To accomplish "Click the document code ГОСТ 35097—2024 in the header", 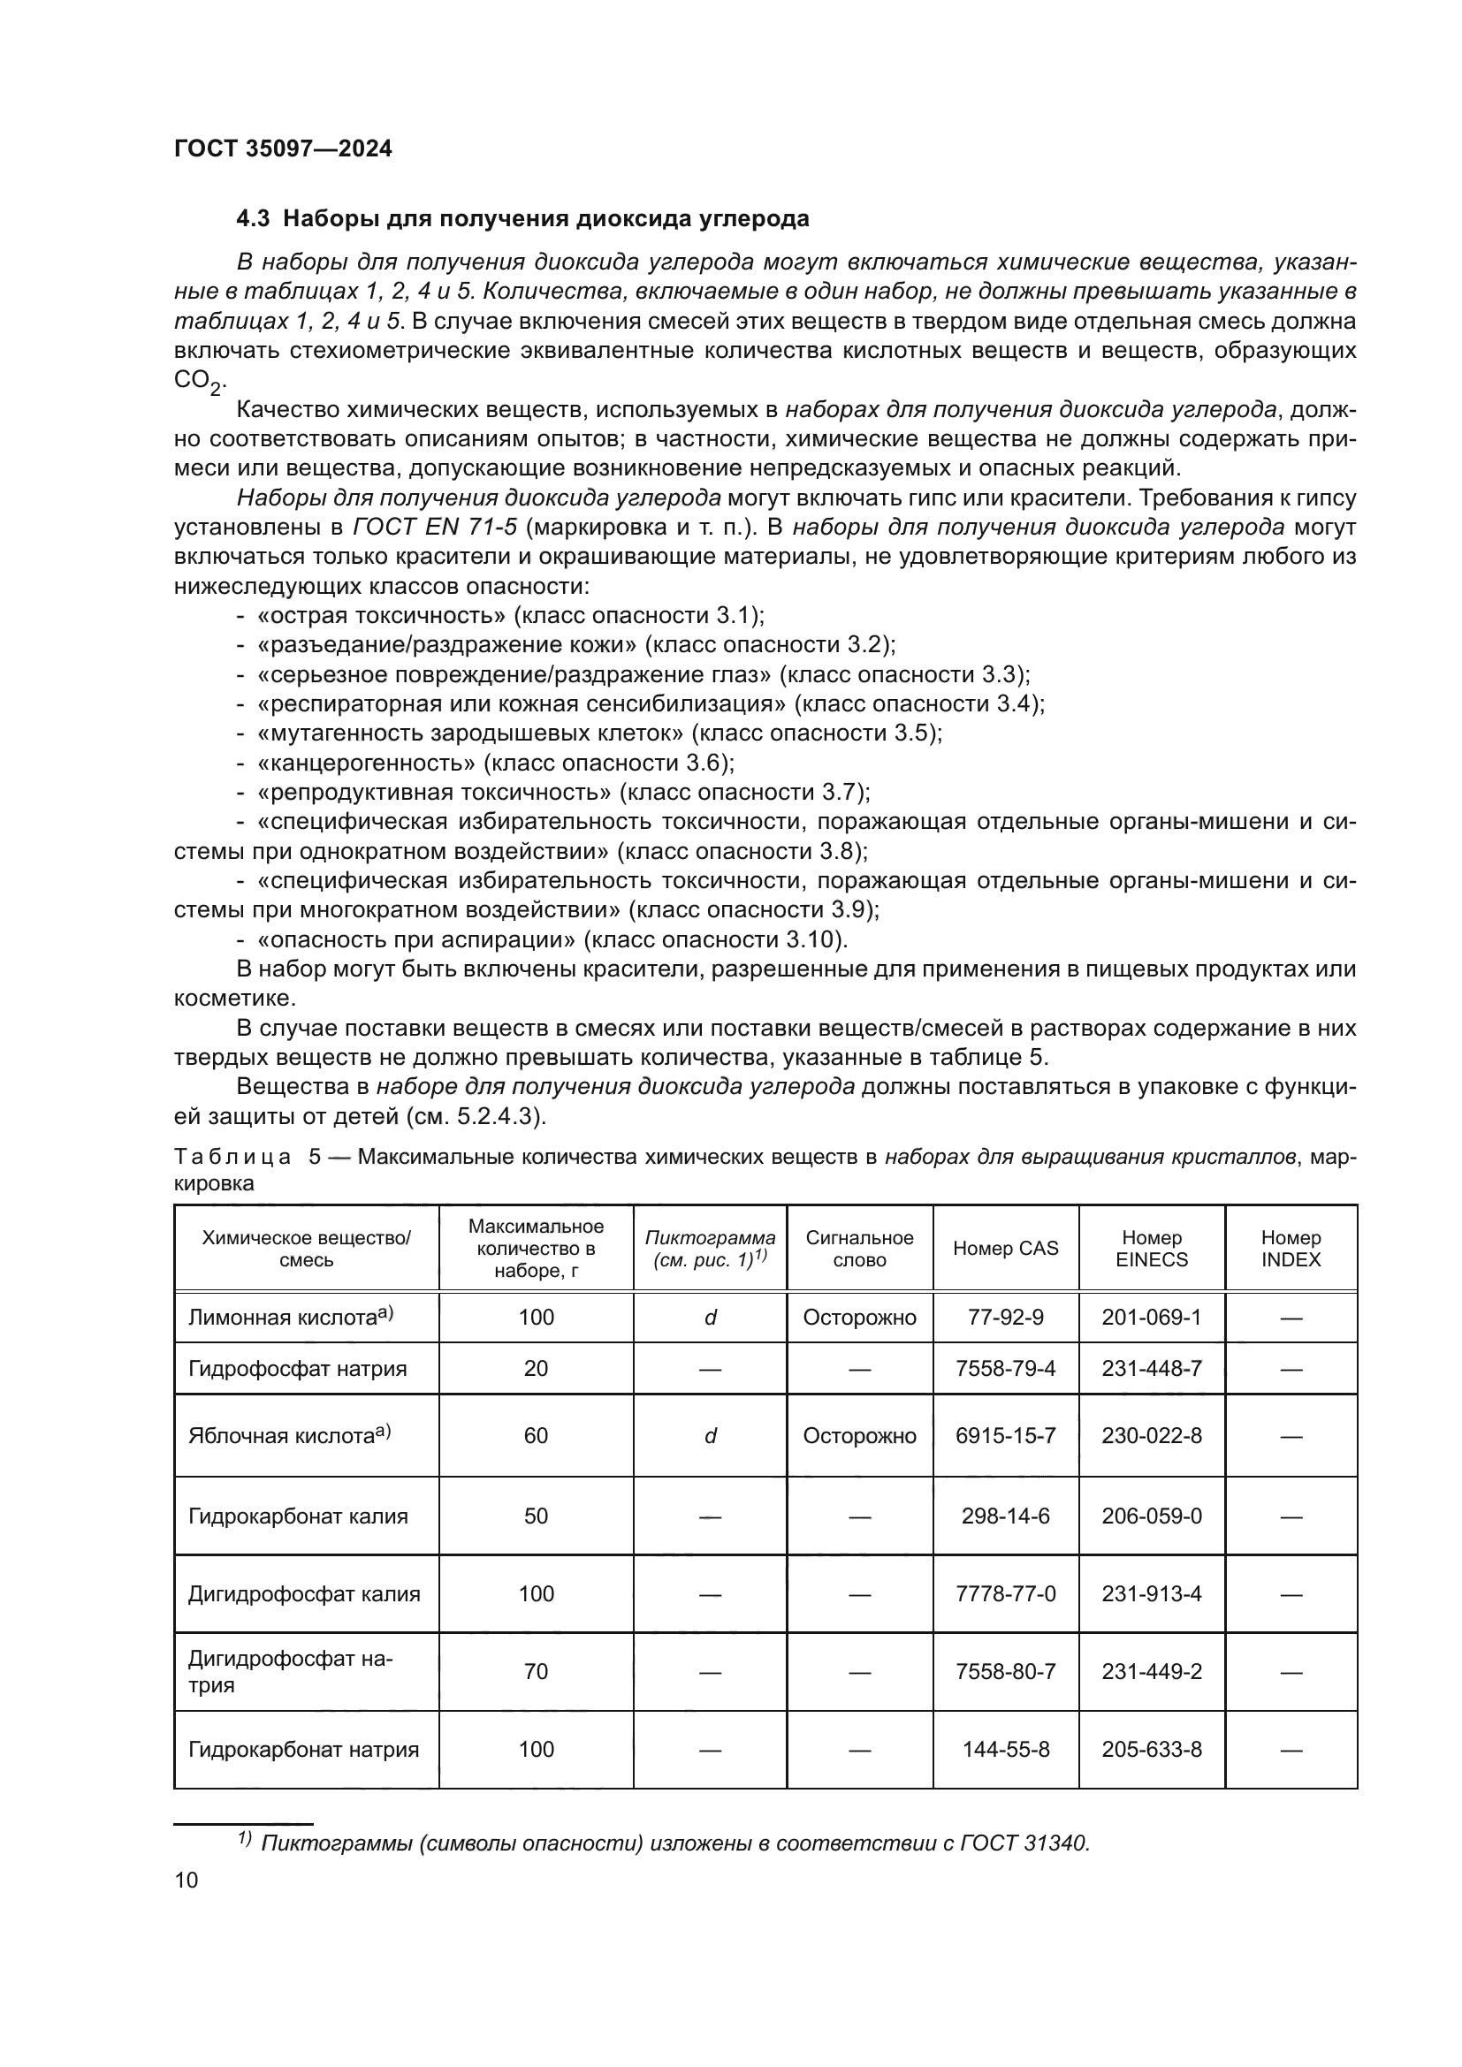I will pyautogui.click(x=283, y=149).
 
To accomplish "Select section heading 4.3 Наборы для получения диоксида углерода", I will pyautogui.click(x=522, y=219).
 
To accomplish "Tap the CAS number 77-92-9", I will pyautogui.click(x=1005, y=1318).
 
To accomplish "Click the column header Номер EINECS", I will pyautogui.click(x=1151, y=1249).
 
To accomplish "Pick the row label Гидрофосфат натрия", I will pyautogui.click(x=297, y=1369).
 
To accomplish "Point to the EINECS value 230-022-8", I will pyautogui.click(x=1151, y=1436).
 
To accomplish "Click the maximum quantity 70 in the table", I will pyautogui.click(x=536, y=1672).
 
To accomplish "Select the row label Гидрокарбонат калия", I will pyautogui.click(x=297, y=1517).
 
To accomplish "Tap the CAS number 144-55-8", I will pyautogui.click(x=1005, y=1749).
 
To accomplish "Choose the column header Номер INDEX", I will pyautogui.click(x=1290, y=1249).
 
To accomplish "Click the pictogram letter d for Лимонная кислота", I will pyautogui.click(x=710, y=1318).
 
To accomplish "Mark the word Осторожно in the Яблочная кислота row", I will pyautogui.click(x=859, y=1436).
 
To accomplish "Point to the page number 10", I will pyautogui.click(x=187, y=1880).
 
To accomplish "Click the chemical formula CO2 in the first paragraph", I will pyautogui.click(x=197, y=381).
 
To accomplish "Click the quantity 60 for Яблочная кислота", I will pyautogui.click(x=536, y=1436).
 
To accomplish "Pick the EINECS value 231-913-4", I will pyautogui.click(x=1151, y=1594).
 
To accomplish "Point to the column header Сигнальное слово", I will pyautogui.click(x=859, y=1249).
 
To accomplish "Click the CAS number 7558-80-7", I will pyautogui.click(x=1005, y=1672).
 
